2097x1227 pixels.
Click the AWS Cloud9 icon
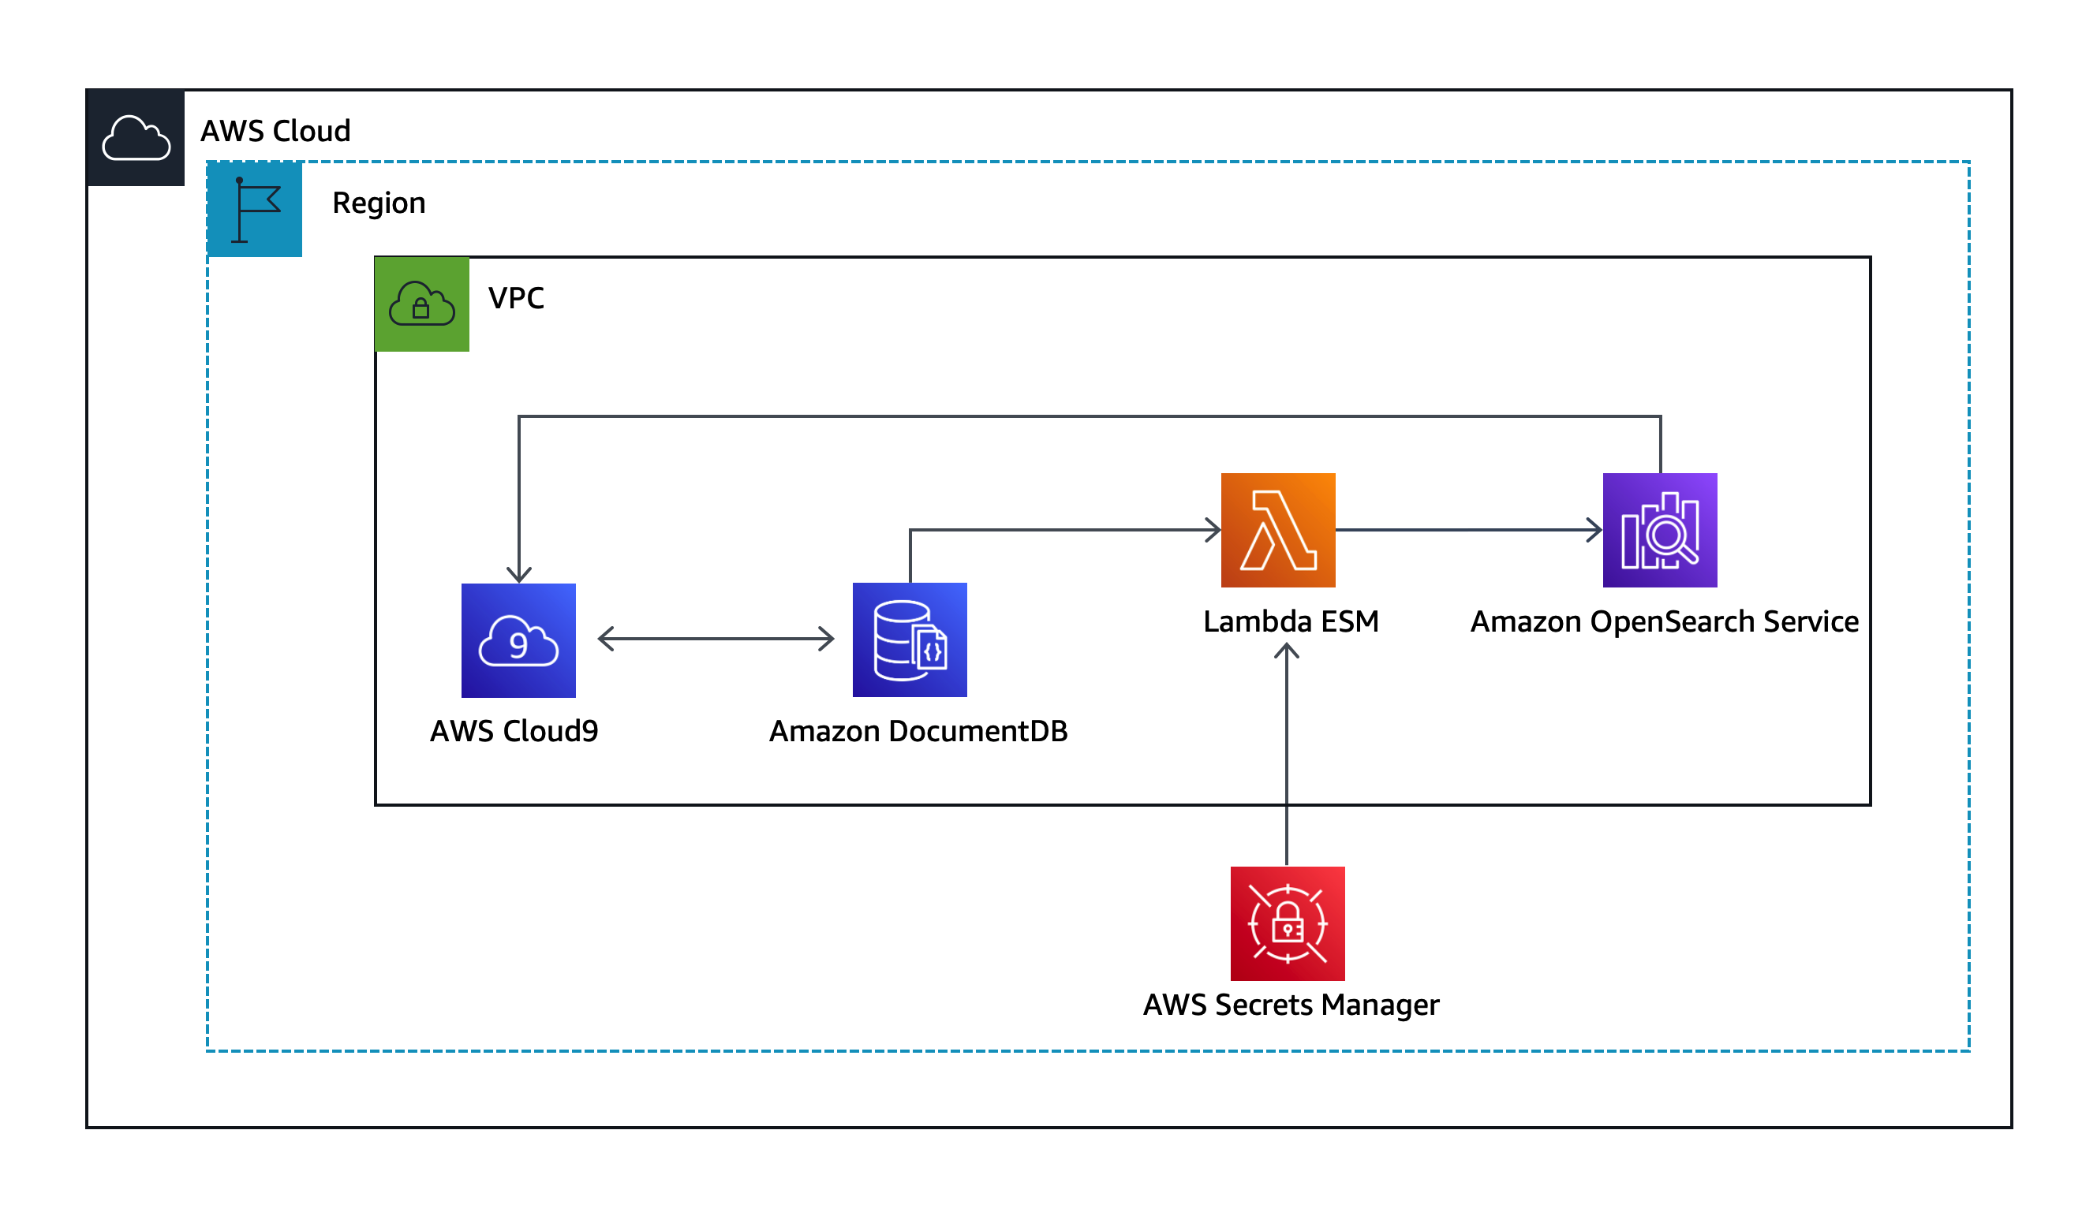[518, 640]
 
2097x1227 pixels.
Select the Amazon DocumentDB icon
[910, 640]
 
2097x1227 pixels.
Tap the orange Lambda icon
[1278, 530]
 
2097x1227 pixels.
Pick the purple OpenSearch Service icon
[1659, 530]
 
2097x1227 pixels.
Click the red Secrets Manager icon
[1288, 923]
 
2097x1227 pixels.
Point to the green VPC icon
[422, 304]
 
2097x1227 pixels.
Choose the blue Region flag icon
[255, 209]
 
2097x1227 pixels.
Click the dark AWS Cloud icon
[136, 137]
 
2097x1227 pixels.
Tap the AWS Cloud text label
[275, 132]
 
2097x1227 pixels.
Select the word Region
[379, 203]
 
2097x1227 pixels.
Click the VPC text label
[516, 298]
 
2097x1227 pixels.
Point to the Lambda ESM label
[1291, 621]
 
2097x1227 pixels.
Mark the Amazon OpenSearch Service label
[1665, 621]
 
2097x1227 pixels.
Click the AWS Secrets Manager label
[1291, 1005]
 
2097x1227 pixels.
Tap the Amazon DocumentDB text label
[918, 731]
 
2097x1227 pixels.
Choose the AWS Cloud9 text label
[514, 731]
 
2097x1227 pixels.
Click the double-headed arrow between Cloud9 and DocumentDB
[716, 639]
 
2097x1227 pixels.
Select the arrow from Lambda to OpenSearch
[1469, 530]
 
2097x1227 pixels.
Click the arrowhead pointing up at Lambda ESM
[1287, 651]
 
